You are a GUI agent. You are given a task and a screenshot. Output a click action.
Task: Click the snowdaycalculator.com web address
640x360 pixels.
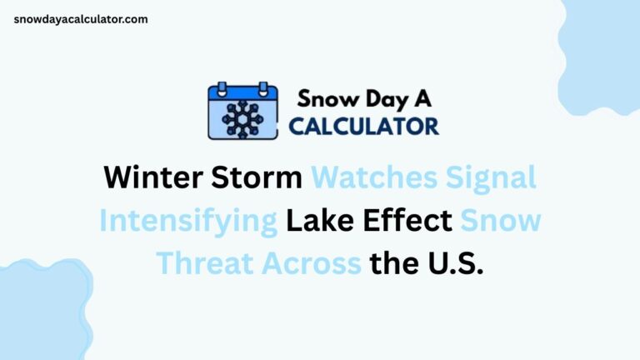[81, 19]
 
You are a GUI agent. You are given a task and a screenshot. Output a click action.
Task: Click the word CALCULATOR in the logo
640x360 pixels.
[363, 126]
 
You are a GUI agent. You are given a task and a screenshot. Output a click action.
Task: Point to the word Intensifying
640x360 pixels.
[188, 221]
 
